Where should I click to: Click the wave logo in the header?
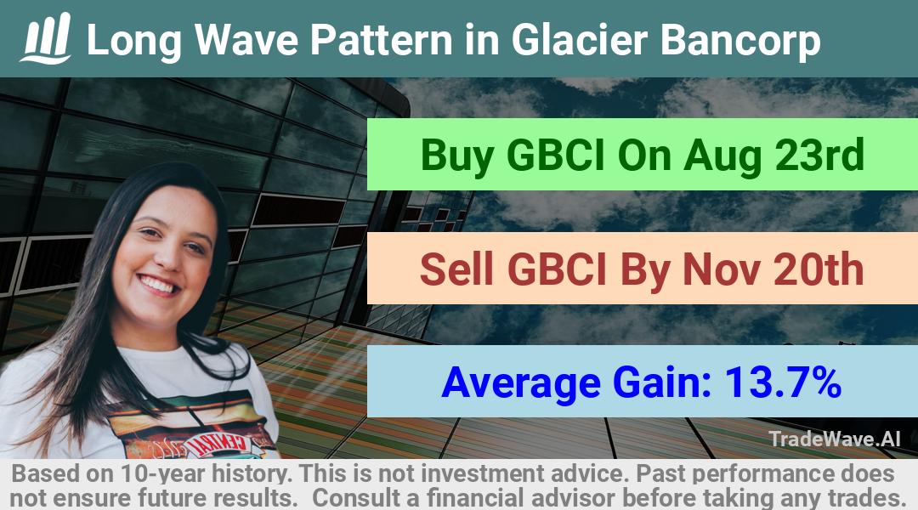46,38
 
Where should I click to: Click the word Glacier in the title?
579,40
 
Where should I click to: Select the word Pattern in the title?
381,40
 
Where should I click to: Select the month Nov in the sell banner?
722,269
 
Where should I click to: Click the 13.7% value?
784,382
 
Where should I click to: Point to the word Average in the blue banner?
521,383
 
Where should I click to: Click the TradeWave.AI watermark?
835,439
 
